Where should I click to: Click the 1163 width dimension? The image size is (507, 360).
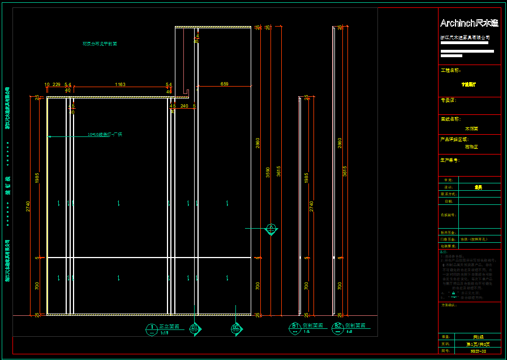click(x=120, y=84)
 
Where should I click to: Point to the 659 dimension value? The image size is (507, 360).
click(x=225, y=84)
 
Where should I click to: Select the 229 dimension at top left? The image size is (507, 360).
click(x=57, y=84)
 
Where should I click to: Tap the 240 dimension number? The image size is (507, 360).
click(x=184, y=106)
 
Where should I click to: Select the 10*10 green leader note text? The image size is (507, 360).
click(x=105, y=135)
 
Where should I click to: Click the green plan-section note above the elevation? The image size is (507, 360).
click(x=100, y=44)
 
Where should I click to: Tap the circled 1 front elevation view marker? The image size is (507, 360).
click(x=152, y=328)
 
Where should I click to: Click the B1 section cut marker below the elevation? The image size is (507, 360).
click(x=194, y=328)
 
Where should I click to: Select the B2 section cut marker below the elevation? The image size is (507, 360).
click(x=237, y=328)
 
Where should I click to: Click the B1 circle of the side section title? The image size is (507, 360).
click(x=295, y=326)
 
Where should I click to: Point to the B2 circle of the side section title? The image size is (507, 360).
click(x=337, y=326)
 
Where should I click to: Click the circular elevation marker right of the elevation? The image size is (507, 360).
click(x=271, y=229)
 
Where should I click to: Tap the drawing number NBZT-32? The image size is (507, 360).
click(x=479, y=352)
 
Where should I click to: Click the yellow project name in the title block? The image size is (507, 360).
click(x=469, y=84)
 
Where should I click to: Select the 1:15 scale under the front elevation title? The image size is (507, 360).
click(x=165, y=333)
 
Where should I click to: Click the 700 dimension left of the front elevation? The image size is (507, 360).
click(x=37, y=286)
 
